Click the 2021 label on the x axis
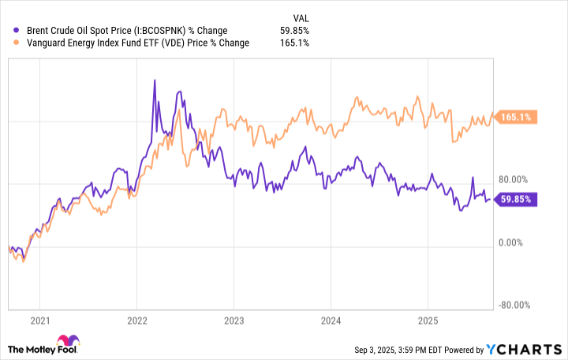(40, 321)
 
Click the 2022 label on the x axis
(137, 321)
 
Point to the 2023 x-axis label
(234, 321)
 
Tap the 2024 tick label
(331, 321)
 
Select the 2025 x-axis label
(427, 321)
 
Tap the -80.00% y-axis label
(514, 306)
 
